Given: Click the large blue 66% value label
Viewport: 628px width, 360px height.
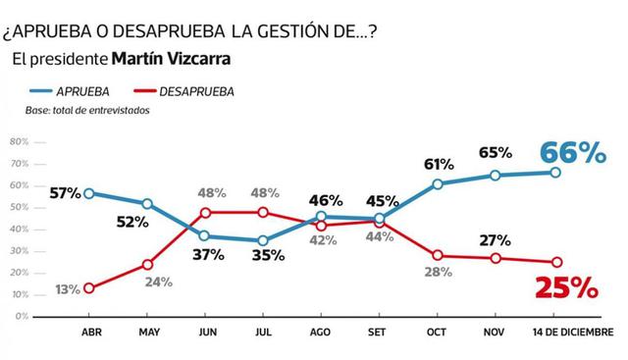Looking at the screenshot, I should (x=573, y=152).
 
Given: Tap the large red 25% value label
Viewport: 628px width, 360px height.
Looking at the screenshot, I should (x=566, y=288).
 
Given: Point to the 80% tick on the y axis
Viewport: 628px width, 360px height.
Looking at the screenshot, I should (x=17, y=141).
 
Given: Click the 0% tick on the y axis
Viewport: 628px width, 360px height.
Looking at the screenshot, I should (x=19, y=317).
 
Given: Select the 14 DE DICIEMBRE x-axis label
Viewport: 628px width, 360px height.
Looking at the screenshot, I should (x=572, y=332).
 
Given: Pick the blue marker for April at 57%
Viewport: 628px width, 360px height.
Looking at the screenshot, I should (x=90, y=193).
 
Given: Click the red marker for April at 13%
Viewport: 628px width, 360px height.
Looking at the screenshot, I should (x=90, y=288).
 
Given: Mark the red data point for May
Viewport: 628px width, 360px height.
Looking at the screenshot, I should (x=147, y=264).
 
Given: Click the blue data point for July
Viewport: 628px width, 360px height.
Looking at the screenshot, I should (x=263, y=240).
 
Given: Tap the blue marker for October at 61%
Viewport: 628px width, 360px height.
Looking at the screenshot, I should (x=437, y=183).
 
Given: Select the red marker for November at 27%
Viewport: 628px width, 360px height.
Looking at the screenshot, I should (x=496, y=258).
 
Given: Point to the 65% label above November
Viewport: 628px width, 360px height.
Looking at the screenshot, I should (x=496, y=153).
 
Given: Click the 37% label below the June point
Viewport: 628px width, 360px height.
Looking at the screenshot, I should (x=208, y=255).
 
